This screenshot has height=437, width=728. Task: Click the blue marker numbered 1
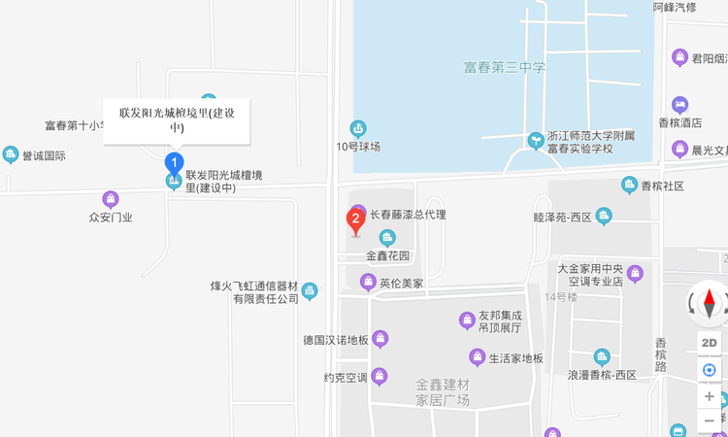[175, 162]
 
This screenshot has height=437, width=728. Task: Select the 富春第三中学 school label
[505, 67]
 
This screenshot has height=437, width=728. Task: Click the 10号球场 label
[358, 147]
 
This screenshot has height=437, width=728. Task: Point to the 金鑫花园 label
[388, 255]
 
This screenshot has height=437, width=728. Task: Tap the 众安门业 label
[111, 217]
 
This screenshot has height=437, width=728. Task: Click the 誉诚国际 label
[44, 155]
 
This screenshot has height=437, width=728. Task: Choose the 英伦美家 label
[401, 284]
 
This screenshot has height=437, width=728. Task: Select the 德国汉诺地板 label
[336, 340]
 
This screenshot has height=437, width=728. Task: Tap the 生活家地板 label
[515, 357]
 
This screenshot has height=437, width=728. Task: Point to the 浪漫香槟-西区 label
[602, 374]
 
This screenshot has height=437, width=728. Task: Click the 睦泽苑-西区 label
[563, 217]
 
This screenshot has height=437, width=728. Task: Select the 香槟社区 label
[663, 185]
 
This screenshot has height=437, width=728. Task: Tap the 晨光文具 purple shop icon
[679, 150]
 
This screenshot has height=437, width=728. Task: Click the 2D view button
[710, 342]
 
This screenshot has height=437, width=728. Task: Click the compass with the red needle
[710, 304]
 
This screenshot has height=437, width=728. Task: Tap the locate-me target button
[710, 369]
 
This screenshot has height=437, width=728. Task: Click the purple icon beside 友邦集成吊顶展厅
[466, 320]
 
